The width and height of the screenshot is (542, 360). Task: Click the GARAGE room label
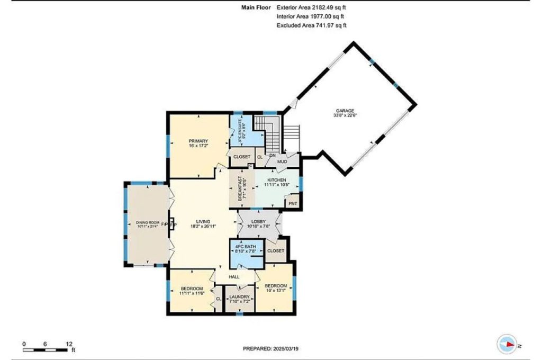[345, 111]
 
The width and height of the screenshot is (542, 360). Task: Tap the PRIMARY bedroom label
[195, 141]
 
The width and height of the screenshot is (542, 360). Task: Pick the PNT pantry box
[292, 202]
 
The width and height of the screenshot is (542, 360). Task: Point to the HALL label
[234, 277]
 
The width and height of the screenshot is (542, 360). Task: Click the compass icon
[507, 345]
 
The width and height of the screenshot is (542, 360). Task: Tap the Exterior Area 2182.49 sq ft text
[312, 8]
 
